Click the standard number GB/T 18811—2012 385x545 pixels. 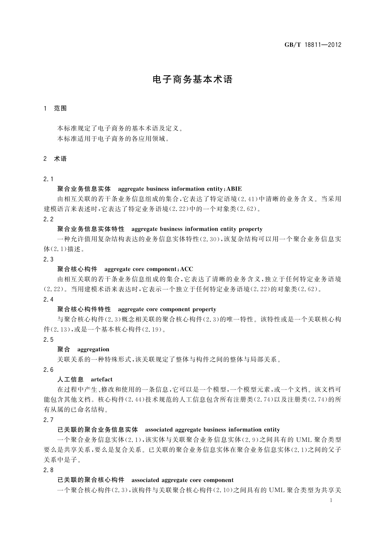pyautogui.click(x=313, y=45)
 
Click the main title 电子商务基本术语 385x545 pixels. pyautogui.click(x=192, y=80)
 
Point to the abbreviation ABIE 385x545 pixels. pyautogui.click(x=234, y=189)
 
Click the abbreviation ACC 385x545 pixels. pyautogui.click(x=187, y=269)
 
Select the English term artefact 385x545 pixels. pyautogui.click(x=102, y=380)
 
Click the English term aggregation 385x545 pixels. pyautogui.click(x=93, y=350)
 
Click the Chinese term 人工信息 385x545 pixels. pyautogui.click(x=70, y=380)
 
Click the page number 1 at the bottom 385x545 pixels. pyautogui.click(x=331, y=500)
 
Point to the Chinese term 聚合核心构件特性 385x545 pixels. pyautogui.click(x=84, y=309)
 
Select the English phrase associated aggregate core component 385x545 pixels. pyautogui.click(x=182, y=480)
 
